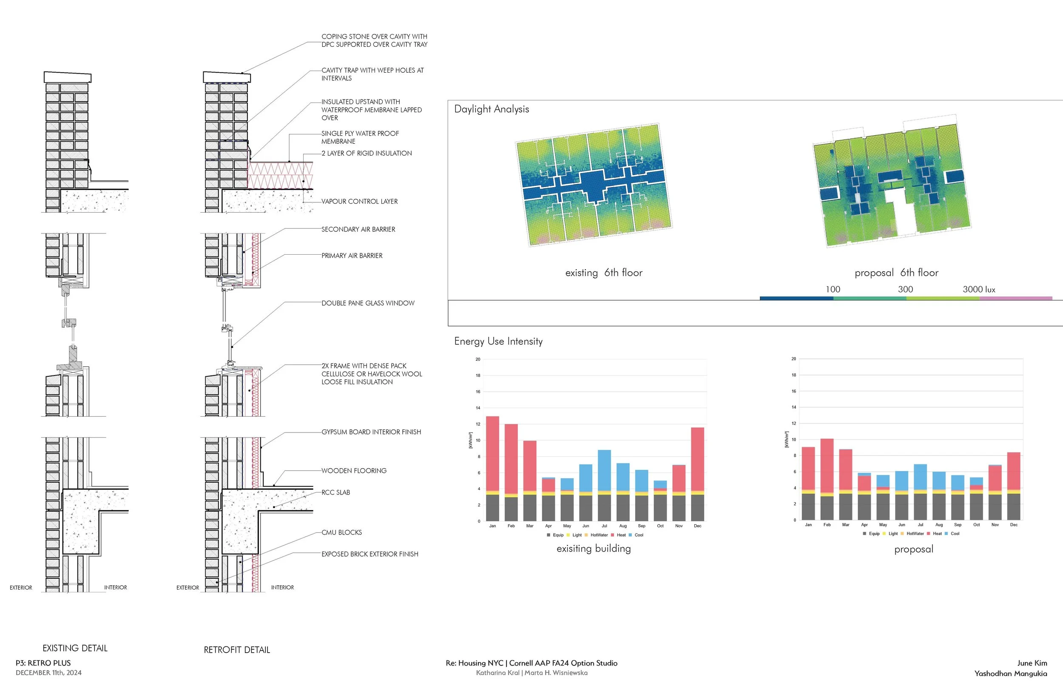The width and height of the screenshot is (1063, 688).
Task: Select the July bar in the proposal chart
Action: (920, 492)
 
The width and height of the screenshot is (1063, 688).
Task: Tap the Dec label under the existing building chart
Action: (697, 526)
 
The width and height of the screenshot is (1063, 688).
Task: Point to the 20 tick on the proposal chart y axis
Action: (794, 359)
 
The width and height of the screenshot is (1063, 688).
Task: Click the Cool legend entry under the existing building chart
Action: (639, 535)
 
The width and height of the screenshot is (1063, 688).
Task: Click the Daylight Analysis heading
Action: (491, 109)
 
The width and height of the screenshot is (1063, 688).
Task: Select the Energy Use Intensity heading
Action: (498, 341)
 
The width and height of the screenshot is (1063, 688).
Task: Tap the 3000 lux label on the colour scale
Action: (978, 290)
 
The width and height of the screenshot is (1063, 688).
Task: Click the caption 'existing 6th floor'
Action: (603, 273)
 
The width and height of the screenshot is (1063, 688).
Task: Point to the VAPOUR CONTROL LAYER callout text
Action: (360, 202)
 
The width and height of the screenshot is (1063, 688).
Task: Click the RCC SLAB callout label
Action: (336, 492)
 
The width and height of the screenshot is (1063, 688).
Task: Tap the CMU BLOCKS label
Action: (342, 532)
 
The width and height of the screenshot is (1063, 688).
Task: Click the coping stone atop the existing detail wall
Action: (68, 77)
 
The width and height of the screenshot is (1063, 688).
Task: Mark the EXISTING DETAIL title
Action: (75, 648)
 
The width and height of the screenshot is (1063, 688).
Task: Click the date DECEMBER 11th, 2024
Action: (48, 673)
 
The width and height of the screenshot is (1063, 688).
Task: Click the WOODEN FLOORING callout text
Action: (354, 471)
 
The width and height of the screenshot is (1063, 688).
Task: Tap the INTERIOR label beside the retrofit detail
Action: (282, 588)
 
